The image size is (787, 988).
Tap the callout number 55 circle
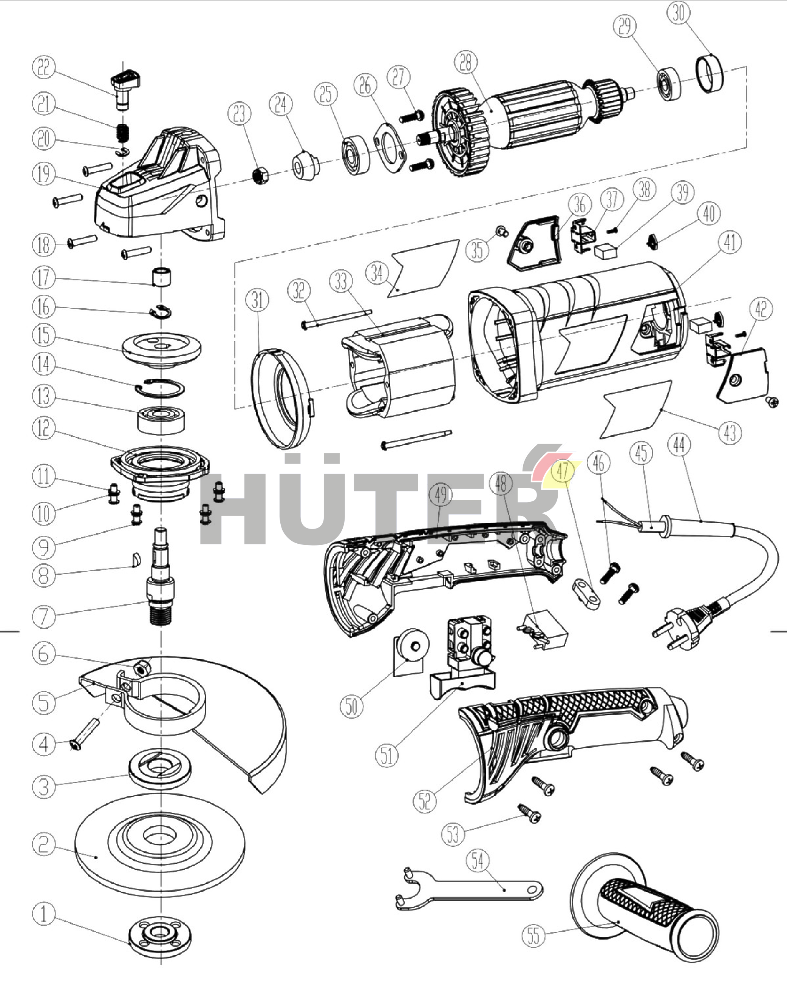533,935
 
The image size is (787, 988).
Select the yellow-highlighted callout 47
563,471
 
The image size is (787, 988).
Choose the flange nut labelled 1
160,935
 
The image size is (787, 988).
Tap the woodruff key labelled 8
136,560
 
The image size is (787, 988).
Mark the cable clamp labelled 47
587,594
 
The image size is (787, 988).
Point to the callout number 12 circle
44,429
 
